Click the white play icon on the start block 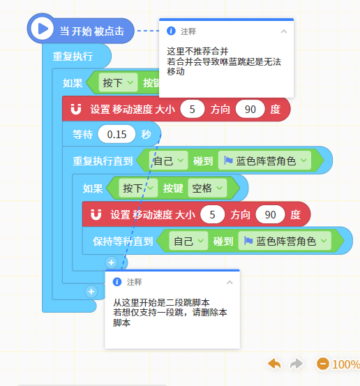(43, 29)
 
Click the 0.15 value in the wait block (117, 135)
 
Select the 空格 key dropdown (207, 188)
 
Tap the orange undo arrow (274, 364)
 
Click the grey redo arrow (297, 364)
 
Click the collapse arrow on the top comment (284, 31)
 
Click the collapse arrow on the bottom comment (230, 282)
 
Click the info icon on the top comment (171, 31)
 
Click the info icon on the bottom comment (117, 282)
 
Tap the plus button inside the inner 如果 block (111, 262)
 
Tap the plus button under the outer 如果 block (91, 292)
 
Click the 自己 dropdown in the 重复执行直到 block (169, 161)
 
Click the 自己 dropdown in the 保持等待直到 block (188, 241)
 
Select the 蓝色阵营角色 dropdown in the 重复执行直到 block (265, 161)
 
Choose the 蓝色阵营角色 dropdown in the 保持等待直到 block (285, 241)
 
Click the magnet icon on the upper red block (76, 109)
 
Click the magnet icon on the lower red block (96, 214)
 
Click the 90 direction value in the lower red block (270, 215)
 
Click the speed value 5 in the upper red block (192, 110)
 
